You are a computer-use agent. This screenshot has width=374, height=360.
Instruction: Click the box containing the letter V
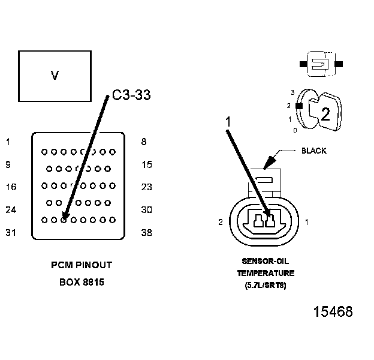[55, 76]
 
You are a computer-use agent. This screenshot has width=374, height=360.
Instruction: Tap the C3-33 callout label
[131, 95]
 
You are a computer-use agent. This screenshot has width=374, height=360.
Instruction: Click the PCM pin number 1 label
[8, 142]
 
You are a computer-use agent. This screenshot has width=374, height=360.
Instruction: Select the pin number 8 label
[144, 142]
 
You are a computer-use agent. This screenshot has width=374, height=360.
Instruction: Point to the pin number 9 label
[8, 164]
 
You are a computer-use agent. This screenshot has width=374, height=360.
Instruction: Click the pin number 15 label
[147, 164]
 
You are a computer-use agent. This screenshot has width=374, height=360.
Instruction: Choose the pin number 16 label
[11, 187]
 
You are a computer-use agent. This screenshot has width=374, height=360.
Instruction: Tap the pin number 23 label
[147, 187]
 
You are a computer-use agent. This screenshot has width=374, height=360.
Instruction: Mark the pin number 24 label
[11, 210]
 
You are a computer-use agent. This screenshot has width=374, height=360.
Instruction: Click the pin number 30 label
[147, 210]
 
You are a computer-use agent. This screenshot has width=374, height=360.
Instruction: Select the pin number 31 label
[11, 233]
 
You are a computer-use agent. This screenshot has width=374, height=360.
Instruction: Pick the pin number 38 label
[147, 233]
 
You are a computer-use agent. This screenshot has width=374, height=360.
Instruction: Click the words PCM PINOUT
[81, 265]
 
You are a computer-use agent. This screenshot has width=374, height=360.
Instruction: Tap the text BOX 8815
[81, 281]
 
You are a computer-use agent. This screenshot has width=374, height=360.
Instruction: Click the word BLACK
[313, 151]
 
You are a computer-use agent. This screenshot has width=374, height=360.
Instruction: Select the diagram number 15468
[333, 312]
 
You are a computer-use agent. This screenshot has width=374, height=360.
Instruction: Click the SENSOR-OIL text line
[265, 262]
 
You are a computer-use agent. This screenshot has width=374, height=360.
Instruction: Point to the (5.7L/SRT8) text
[265, 285]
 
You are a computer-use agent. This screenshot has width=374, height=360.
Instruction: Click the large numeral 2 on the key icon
[325, 115]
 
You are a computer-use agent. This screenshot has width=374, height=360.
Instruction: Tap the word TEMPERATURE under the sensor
[265, 273]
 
